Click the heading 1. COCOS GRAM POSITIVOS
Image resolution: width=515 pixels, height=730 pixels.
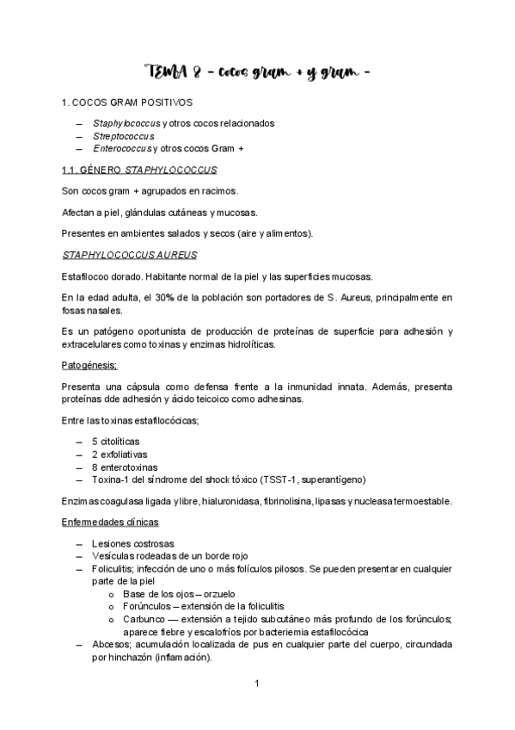coord(127,102)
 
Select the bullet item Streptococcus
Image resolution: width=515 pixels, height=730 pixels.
coord(124,136)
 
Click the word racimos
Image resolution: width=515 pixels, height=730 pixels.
coord(217,190)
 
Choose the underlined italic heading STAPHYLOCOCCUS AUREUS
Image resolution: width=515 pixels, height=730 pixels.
coord(129,254)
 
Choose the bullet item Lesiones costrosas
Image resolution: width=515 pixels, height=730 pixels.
coord(132,544)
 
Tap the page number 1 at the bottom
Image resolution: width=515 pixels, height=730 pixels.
coord(257,684)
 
